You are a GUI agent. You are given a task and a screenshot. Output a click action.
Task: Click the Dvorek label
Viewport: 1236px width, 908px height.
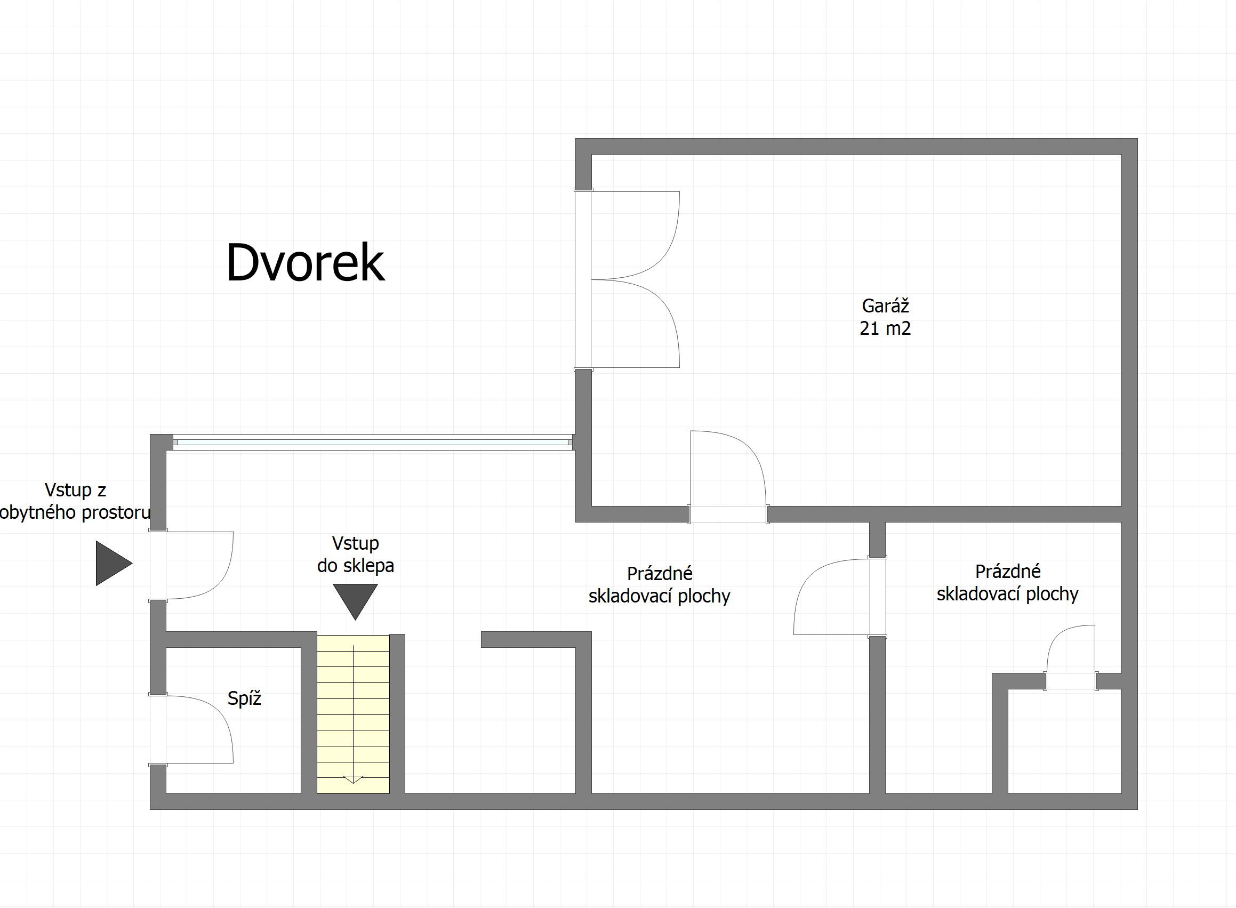pos(305,262)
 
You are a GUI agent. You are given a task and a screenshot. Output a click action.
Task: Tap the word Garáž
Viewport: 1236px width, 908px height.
pos(885,305)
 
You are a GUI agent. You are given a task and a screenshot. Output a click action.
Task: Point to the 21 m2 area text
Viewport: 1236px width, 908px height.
pos(885,328)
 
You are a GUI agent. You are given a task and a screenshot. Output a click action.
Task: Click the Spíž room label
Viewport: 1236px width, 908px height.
pos(244,698)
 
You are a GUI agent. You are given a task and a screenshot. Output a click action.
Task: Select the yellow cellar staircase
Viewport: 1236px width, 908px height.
pos(353,714)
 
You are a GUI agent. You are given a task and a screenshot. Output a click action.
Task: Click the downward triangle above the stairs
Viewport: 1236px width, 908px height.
pos(355,601)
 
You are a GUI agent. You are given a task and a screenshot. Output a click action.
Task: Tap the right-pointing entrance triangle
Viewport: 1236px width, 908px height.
pos(114,563)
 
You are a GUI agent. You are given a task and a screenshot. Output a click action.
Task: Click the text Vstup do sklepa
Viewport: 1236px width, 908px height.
pos(355,554)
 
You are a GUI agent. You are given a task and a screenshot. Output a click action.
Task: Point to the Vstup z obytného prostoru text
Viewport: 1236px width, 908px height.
pos(75,501)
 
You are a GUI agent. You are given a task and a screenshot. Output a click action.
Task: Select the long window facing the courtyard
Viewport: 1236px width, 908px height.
pos(373,442)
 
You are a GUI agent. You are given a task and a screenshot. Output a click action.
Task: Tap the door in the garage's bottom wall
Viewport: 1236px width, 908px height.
pos(728,477)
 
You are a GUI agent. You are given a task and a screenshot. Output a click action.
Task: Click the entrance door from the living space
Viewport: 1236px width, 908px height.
pos(191,565)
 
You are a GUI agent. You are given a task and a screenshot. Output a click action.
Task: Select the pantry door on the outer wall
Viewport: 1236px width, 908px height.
pos(191,730)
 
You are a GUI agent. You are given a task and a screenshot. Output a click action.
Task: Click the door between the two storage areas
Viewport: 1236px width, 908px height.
pos(840,598)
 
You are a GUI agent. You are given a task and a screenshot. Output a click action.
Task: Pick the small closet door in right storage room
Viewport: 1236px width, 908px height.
pos(1071,657)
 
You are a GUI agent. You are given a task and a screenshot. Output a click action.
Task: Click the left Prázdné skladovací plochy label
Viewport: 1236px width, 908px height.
pos(659,585)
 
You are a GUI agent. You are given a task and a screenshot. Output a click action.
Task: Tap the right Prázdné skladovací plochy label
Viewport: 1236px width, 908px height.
pos(1007,583)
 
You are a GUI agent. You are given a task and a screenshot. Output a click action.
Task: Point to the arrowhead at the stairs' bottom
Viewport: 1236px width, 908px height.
pos(353,780)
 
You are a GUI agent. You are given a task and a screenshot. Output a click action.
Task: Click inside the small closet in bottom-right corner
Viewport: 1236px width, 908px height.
pos(1064,742)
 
